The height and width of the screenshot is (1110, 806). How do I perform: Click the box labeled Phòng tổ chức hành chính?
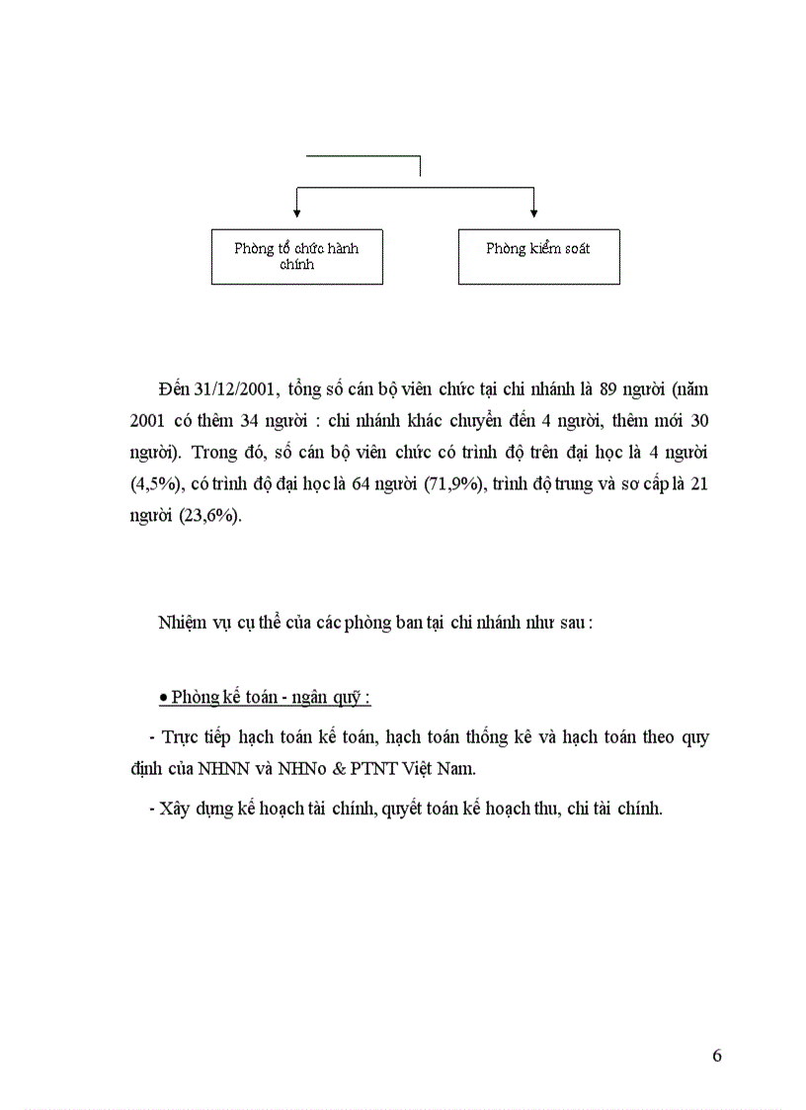[296, 256]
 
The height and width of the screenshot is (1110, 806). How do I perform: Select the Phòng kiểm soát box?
[538, 256]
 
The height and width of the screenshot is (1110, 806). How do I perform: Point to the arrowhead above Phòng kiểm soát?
[533, 212]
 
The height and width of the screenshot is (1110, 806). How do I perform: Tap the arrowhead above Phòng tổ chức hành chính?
[296, 212]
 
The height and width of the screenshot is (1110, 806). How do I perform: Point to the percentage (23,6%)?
[209, 518]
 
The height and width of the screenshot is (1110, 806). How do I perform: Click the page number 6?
[717, 1055]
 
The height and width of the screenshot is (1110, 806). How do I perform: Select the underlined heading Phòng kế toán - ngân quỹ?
[265, 697]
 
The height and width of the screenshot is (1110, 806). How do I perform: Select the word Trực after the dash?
[182, 736]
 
